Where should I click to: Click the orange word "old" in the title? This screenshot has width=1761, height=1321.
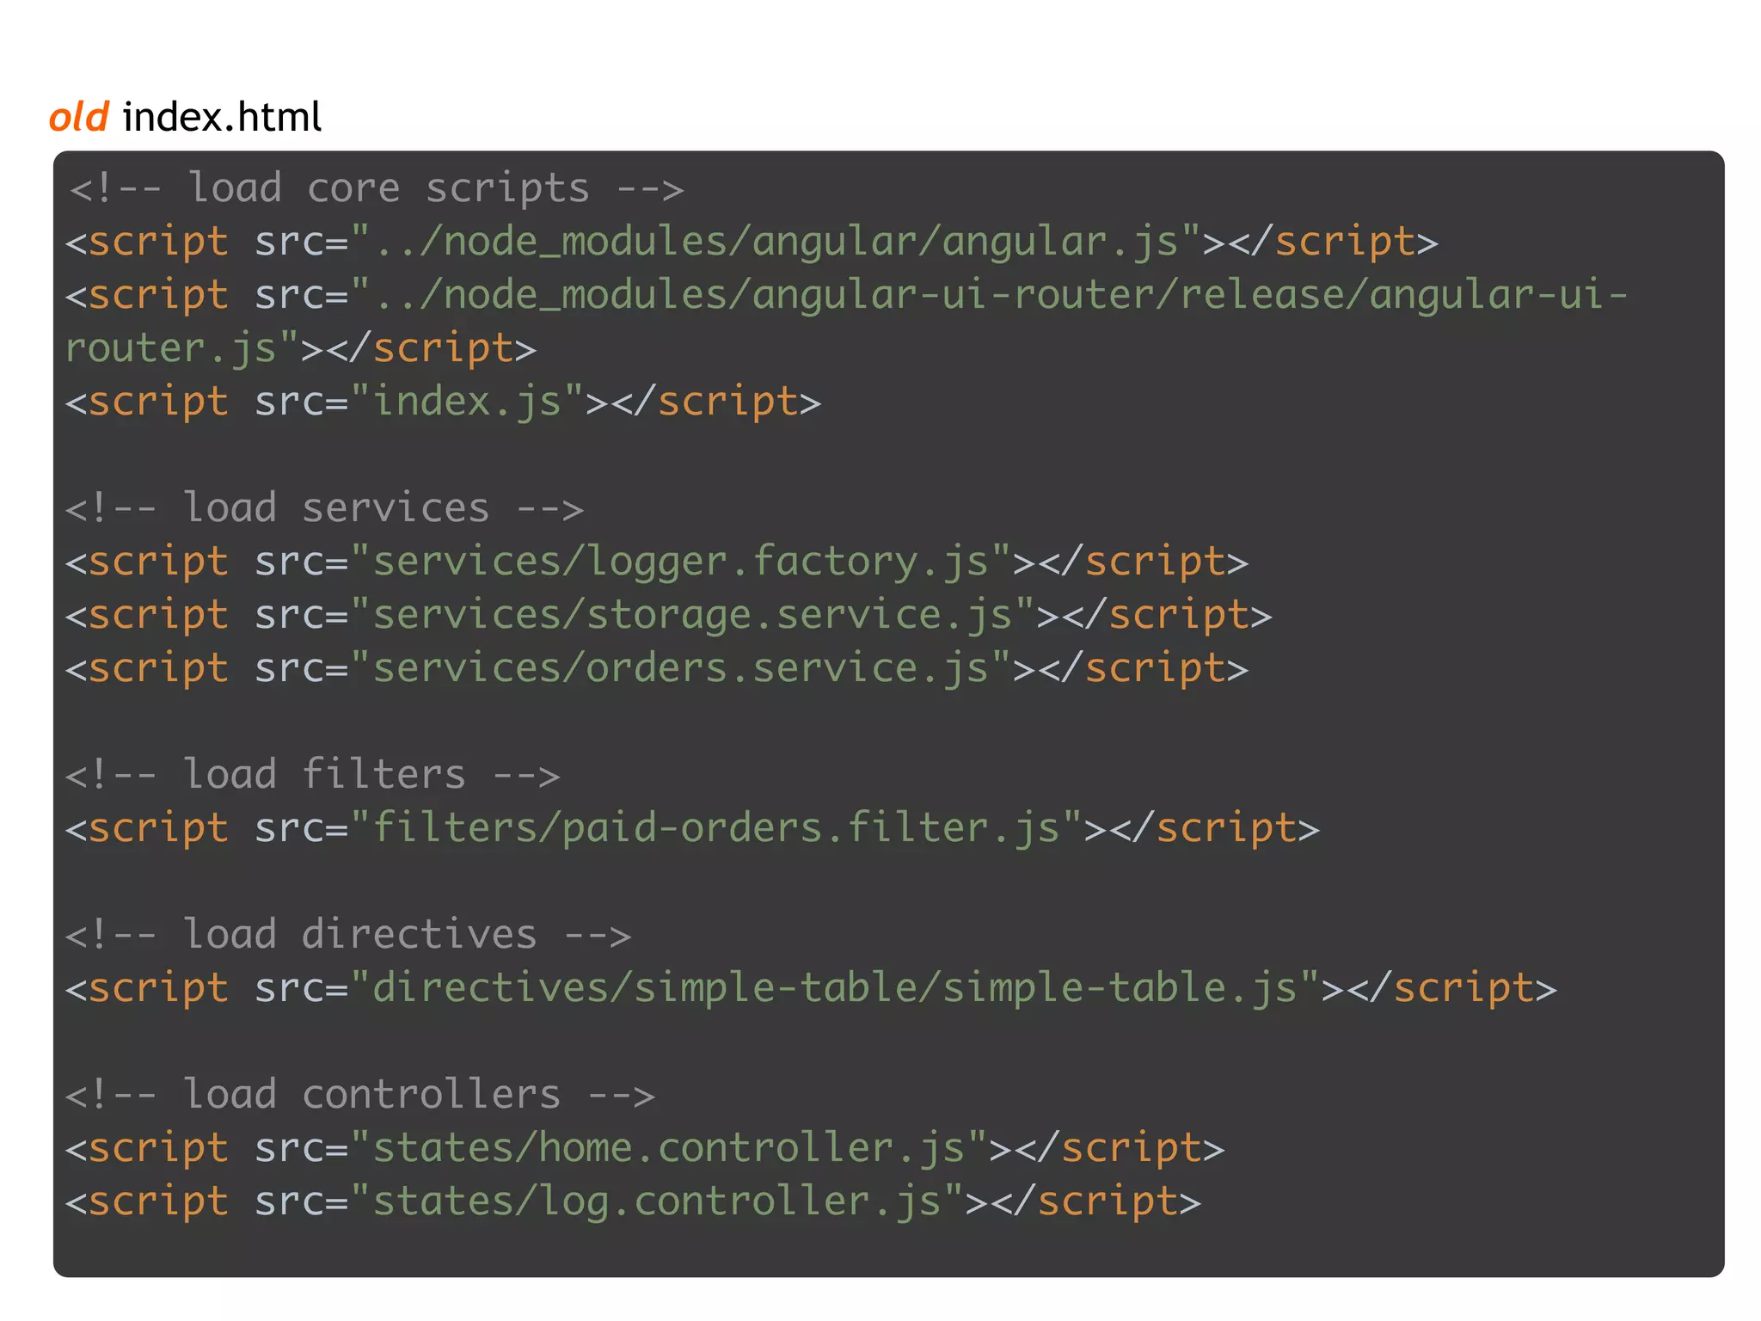pos(79,117)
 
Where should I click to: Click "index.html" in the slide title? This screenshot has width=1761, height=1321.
pos(222,117)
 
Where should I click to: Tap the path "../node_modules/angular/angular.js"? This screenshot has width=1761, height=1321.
pos(776,242)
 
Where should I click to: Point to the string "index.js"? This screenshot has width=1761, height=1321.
pos(467,402)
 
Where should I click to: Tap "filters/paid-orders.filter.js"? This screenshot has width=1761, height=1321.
pos(715,828)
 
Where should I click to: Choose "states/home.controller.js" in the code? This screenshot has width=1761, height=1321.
pos(668,1148)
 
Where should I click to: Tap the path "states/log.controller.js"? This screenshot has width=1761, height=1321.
pos(656,1201)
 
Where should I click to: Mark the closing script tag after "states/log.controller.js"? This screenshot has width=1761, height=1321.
pos(1108,1201)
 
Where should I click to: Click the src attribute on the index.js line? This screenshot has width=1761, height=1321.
pos(290,402)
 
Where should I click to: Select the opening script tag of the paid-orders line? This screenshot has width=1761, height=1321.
pos(147,828)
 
